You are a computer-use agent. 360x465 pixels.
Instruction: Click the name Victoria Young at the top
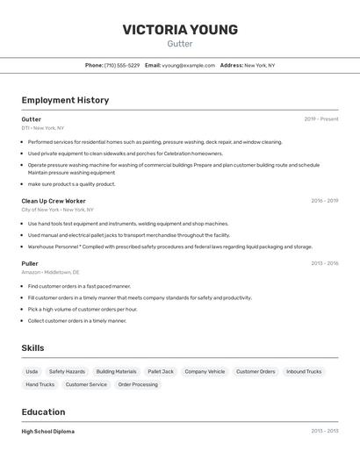tap(180, 30)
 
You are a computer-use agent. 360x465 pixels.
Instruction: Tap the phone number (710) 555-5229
tap(122, 66)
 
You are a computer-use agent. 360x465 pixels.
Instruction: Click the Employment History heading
tap(65, 100)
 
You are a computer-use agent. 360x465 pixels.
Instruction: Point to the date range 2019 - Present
tap(321, 119)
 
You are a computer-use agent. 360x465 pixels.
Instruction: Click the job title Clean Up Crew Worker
tap(54, 201)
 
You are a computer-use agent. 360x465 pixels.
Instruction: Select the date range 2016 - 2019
tap(324, 201)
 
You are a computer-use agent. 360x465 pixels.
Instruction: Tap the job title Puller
tap(30, 263)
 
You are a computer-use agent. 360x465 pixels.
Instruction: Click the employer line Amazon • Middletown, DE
tap(50, 272)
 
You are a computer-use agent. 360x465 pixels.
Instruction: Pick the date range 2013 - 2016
tap(324, 263)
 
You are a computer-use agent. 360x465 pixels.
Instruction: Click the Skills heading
tap(32, 348)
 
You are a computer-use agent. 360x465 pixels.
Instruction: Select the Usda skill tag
tap(32, 372)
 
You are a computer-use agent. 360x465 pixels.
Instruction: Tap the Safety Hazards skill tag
tap(67, 372)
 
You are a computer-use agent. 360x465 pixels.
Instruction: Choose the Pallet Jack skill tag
tap(161, 372)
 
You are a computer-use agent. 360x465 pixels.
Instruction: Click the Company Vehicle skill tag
tap(205, 372)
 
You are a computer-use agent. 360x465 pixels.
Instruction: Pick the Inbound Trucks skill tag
tap(304, 372)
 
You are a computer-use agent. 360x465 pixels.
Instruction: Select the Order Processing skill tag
tap(138, 384)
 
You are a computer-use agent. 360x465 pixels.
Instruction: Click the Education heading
tap(43, 412)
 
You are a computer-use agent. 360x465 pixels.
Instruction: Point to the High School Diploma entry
tap(48, 432)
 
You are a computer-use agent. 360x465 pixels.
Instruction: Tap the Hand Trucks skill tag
tap(40, 384)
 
